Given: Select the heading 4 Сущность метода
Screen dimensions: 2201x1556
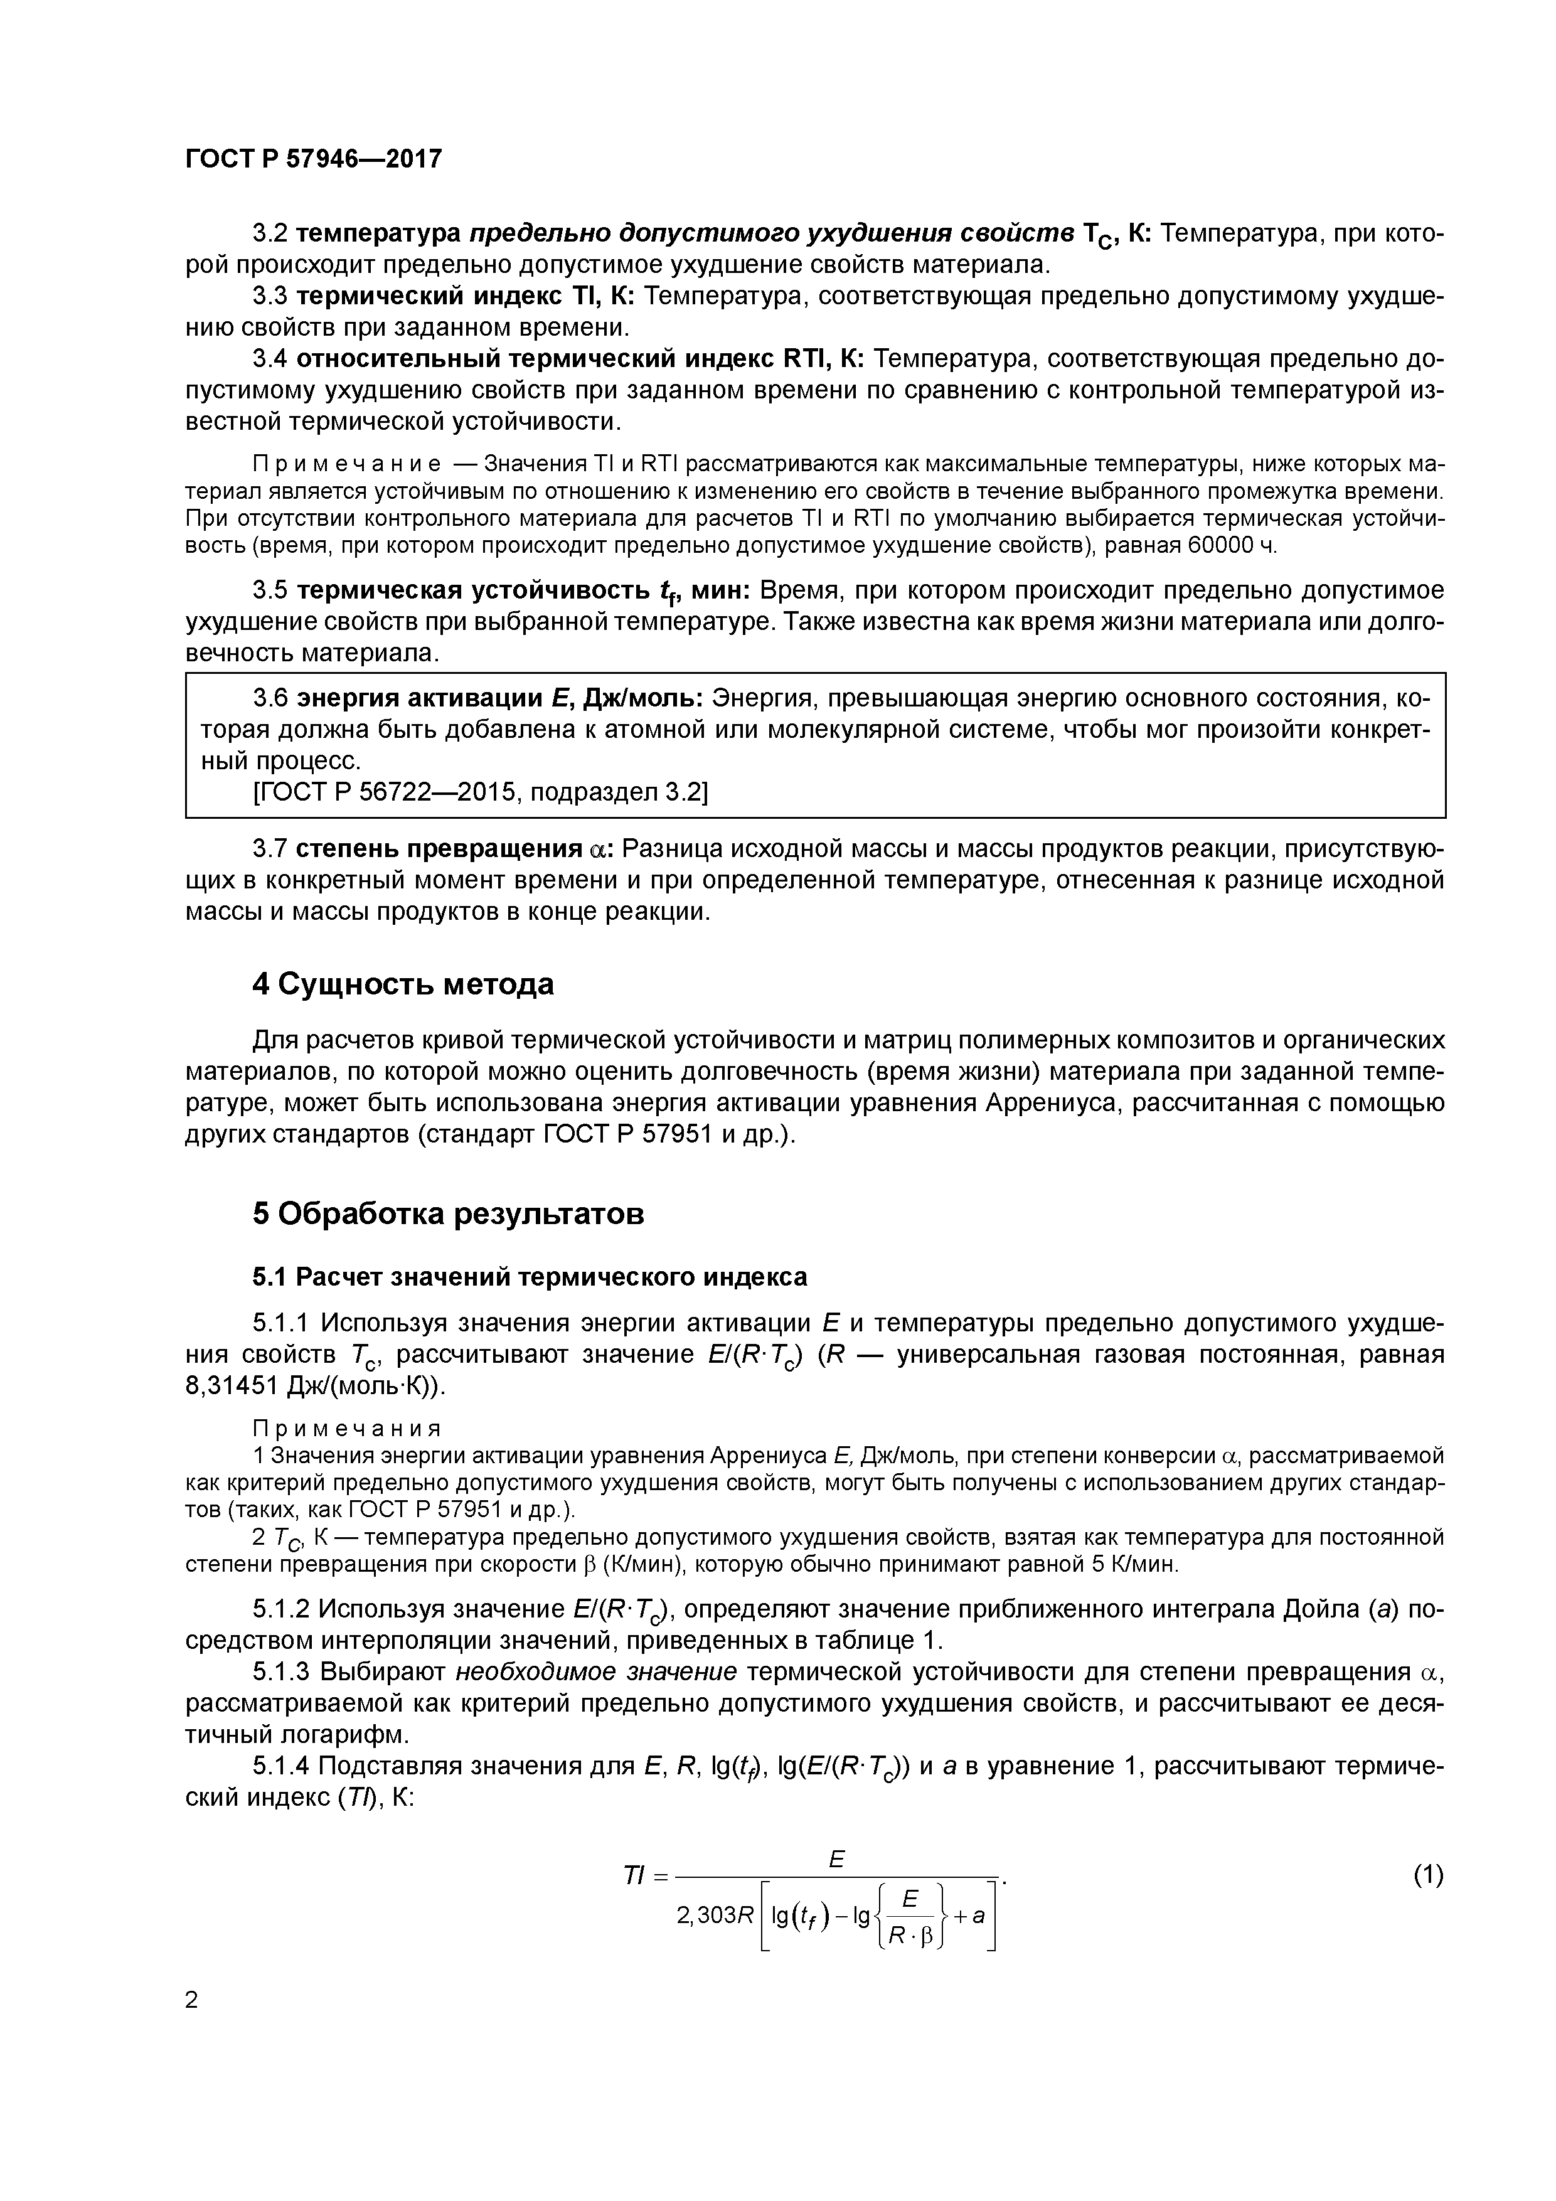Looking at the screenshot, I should pyautogui.click(x=403, y=984).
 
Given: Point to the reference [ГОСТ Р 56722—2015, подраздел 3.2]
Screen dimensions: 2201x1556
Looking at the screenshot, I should pyautogui.click(x=479, y=792).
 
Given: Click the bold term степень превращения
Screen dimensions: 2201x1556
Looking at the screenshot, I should pyautogui.click(x=439, y=850).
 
